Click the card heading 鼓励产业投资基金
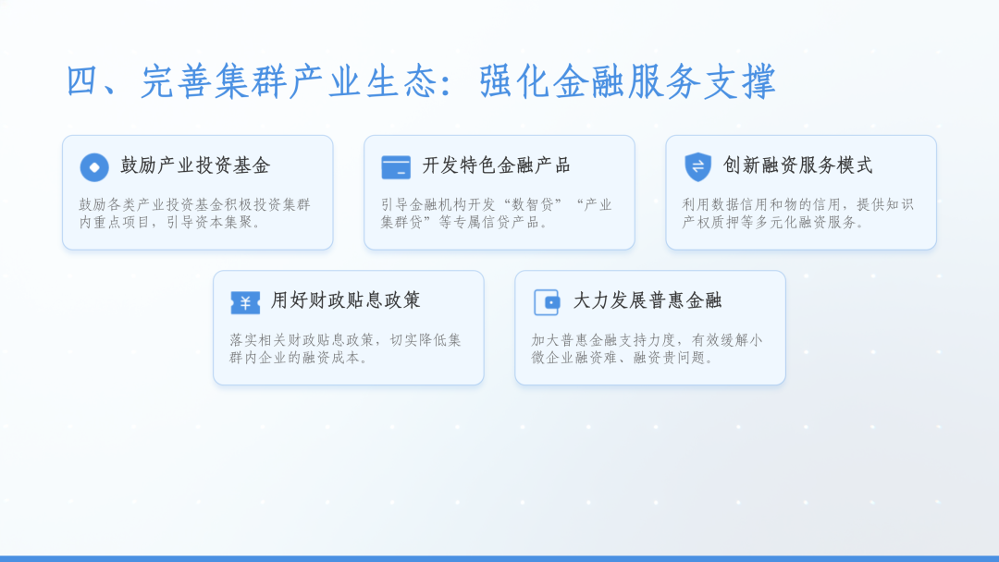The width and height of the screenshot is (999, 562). (195, 166)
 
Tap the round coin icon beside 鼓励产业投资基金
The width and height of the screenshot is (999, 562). (94, 167)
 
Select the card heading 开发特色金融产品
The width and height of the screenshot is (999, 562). (496, 166)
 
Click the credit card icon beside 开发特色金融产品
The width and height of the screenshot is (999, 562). (396, 167)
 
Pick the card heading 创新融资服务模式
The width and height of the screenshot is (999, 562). (797, 166)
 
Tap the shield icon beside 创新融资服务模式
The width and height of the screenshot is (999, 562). (697, 166)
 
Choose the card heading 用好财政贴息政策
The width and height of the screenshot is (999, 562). (346, 300)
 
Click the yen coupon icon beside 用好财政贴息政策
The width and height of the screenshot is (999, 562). (245, 302)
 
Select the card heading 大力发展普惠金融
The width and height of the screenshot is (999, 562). (647, 300)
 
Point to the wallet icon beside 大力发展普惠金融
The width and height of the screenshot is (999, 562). (547, 302)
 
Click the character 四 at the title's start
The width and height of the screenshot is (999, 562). (83, 82)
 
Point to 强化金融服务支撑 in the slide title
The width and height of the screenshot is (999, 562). (628, 82)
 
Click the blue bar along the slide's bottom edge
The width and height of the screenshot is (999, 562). (499, 558)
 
